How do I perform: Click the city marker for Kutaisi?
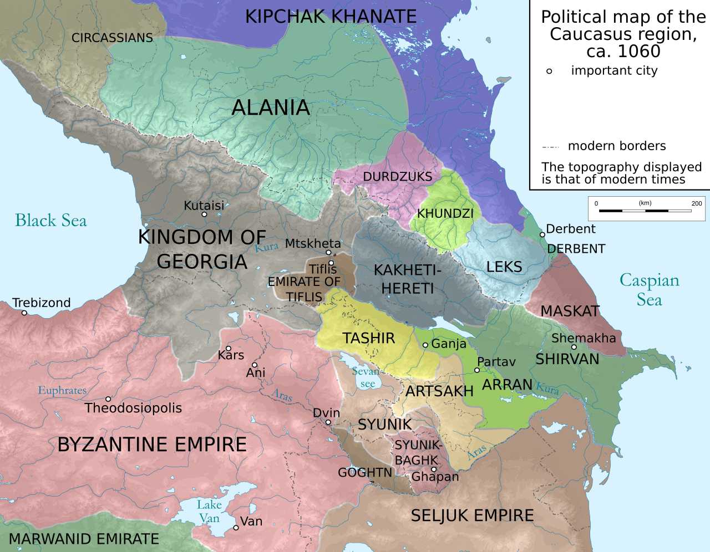[x=204, y=214]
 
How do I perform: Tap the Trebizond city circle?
[x=24, y=313]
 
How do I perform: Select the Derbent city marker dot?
[x=542, y=234]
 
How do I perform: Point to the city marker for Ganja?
[x=425, y=345]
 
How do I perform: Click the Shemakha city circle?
[x=574, y=347]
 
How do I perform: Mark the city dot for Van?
[x=236, y=528]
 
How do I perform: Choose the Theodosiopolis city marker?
[x=108, y=399]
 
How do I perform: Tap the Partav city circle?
[x=477, y=370]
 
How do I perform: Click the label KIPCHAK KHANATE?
[x=331, y=17]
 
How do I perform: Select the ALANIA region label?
[x=271, y=108]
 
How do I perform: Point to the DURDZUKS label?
[x=397, y=177]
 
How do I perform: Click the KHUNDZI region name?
[x=445, y=214]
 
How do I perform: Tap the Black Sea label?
[x=51, y=221]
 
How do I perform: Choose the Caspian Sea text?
[x=649, y=290]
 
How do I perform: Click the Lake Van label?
[x=209, y=511]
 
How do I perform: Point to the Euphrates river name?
[x=62, y=390]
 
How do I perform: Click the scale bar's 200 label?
[x=697, y=203]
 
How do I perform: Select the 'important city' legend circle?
[x=549, y=71]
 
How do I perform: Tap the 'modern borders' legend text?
[x=616, y=146]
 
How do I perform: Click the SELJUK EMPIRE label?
[x=472, y=515]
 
